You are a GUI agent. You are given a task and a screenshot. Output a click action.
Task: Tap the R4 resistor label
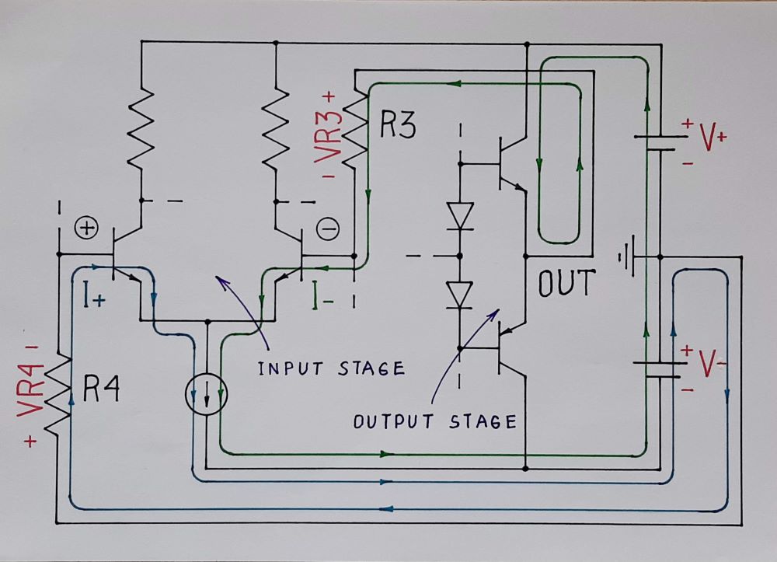pos(101,389)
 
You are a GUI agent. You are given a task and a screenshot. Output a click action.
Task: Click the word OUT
pos(566,284)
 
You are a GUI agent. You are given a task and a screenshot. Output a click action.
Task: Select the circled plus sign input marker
pos(86,229)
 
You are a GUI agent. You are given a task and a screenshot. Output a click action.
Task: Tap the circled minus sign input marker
pos(328,229)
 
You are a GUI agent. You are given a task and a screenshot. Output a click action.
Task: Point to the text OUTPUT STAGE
pos(435,422)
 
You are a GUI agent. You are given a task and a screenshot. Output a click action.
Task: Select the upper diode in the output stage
pos(462,215)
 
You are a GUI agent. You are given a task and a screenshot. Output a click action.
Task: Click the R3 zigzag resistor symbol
pos(355,128)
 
